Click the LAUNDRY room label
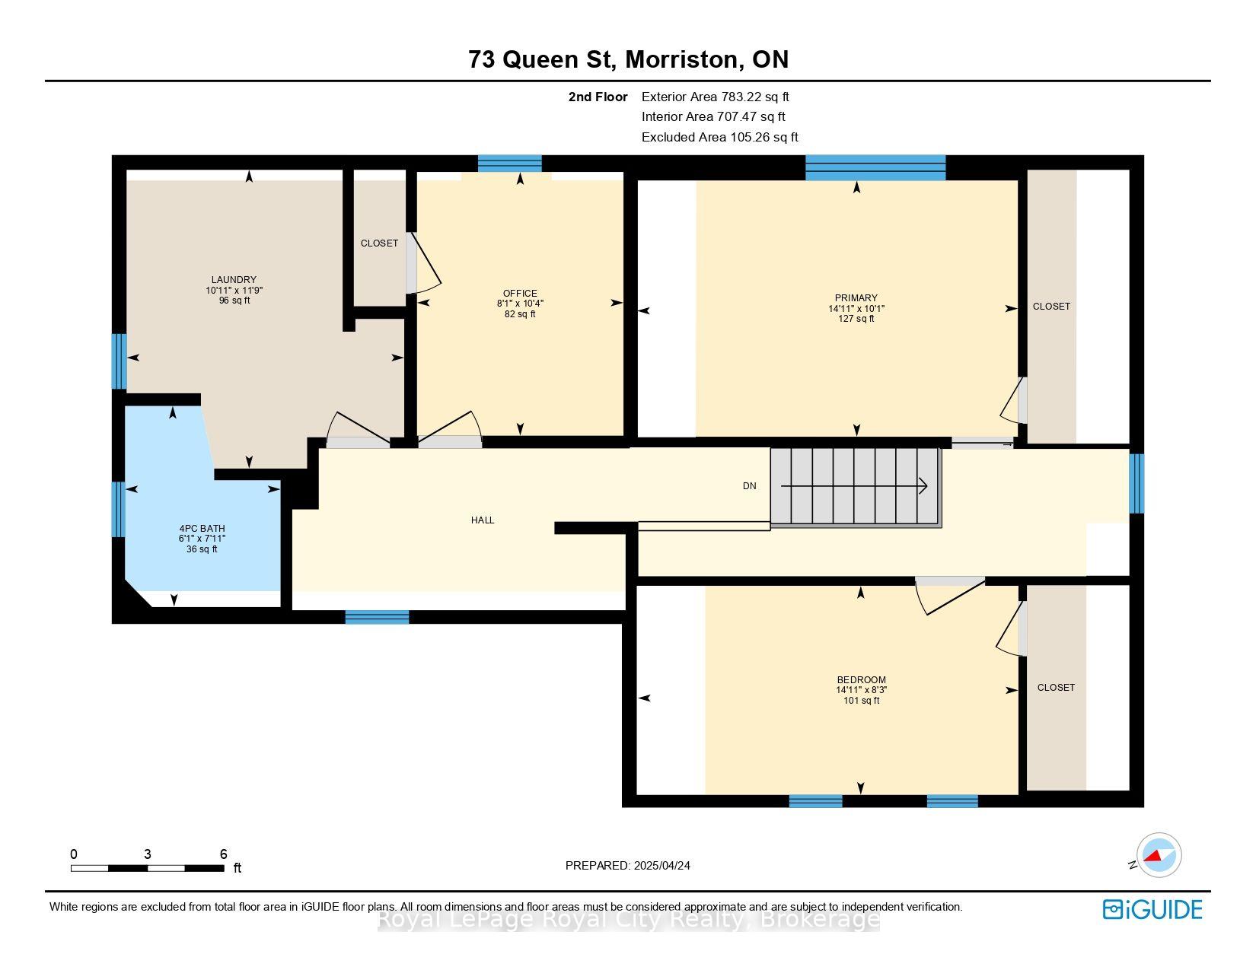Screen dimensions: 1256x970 pos(234,280)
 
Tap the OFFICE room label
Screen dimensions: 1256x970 pos(520,294)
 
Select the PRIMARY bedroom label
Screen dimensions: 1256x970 pos(856,298)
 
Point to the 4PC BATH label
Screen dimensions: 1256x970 pos(202,529)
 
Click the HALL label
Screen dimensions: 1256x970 pos(483,520)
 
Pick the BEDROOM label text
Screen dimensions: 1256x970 pos(861,680)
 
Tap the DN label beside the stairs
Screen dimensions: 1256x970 pos(749,486)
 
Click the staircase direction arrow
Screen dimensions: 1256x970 pos(854,486)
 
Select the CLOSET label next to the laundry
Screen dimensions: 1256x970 pos(379,243)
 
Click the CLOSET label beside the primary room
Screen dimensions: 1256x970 pos(1051,306)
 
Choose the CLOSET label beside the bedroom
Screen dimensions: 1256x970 pos(1056,688)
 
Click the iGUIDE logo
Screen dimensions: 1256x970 pos(1152,909)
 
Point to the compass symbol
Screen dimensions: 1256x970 pos(1159,855)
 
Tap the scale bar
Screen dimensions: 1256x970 pos(148,868)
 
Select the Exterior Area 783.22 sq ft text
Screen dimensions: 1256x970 pos(715,97)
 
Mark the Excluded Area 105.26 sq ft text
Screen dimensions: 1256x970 pos(719,138)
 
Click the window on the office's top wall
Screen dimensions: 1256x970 pos(509,164)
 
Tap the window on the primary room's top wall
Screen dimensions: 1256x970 pos(875,167)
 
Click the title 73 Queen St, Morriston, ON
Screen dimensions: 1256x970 pos(628,59)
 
